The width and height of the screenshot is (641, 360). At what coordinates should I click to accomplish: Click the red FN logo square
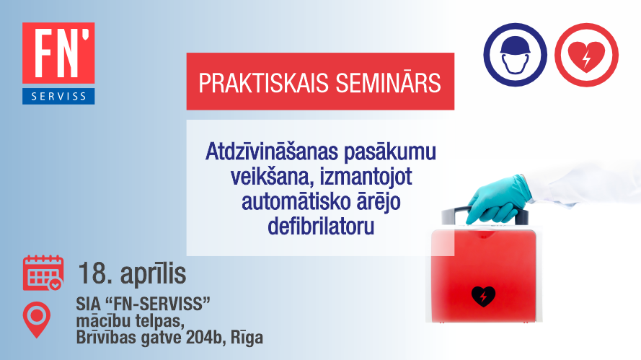pyautogui.click(x=58, y=53)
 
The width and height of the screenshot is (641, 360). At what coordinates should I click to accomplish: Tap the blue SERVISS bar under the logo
pyautogui.click(x=58, y=96)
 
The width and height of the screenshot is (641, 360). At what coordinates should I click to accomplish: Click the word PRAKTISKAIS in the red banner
pyautogui.click(x=264, y=83)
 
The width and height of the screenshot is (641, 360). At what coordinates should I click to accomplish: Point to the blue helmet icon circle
pyautogui.click(x=515, y=55)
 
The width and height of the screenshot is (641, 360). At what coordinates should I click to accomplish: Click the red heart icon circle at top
pyautogui.click(x=586, y=55)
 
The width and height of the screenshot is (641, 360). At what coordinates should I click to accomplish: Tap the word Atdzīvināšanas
pyautogui.click(x=272, y=152)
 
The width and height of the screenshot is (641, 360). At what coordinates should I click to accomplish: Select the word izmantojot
pyautogui.click(x=366, y=177)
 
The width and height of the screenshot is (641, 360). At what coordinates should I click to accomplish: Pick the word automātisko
pyautogui.click(x=291, y=202)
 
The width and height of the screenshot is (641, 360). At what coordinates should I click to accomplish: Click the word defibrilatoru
pyautogui.click(x=321, y=226)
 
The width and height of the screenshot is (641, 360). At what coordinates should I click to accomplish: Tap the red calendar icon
pyautogui.click(x=43, y=273)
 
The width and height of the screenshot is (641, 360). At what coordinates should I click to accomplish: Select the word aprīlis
pyautogui.click(x=154, y=274)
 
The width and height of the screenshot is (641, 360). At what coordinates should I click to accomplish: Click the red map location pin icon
pyautogui.click(x=37, y=320)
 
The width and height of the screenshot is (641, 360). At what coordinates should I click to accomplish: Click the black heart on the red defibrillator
pyautogui.click(x=483, y=297)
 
